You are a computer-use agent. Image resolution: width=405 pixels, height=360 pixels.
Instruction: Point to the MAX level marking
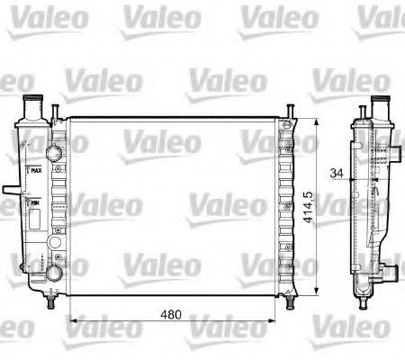36,168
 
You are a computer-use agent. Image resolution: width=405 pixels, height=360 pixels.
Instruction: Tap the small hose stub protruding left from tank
9,191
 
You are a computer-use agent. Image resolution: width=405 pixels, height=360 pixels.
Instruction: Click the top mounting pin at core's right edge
290,110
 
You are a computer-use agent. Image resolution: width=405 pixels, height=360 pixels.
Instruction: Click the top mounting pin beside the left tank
57,110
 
